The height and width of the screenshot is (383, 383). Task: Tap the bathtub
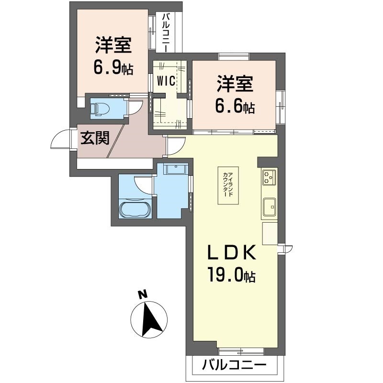coord(135,208)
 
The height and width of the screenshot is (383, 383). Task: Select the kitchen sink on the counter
coord(270,205)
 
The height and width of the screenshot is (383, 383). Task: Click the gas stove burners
coord(269,178)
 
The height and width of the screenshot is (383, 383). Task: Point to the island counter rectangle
coord(228,185)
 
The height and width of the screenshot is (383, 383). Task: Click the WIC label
coord(166,81)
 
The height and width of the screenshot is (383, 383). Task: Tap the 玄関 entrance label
coord(95,138)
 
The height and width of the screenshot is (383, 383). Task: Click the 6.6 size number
coord(229,106)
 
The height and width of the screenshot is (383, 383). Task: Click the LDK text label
coord(232,252)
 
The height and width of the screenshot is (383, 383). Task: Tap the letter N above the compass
coord(143,294)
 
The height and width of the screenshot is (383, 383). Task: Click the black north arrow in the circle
coord(151,319)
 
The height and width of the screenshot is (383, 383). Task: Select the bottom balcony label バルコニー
coord(234,366)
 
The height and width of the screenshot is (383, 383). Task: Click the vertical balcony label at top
coord(167,33)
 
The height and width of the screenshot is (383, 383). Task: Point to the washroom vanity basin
coord(176,169)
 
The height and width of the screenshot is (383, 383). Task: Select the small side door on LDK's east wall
coord(285,249)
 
